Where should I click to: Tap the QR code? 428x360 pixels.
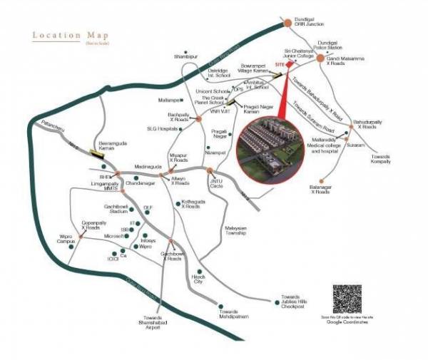point(347,299)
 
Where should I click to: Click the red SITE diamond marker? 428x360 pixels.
point(290,63)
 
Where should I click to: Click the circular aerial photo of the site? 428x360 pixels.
point(272,148)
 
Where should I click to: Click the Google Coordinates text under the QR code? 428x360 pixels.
point(348,323)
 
